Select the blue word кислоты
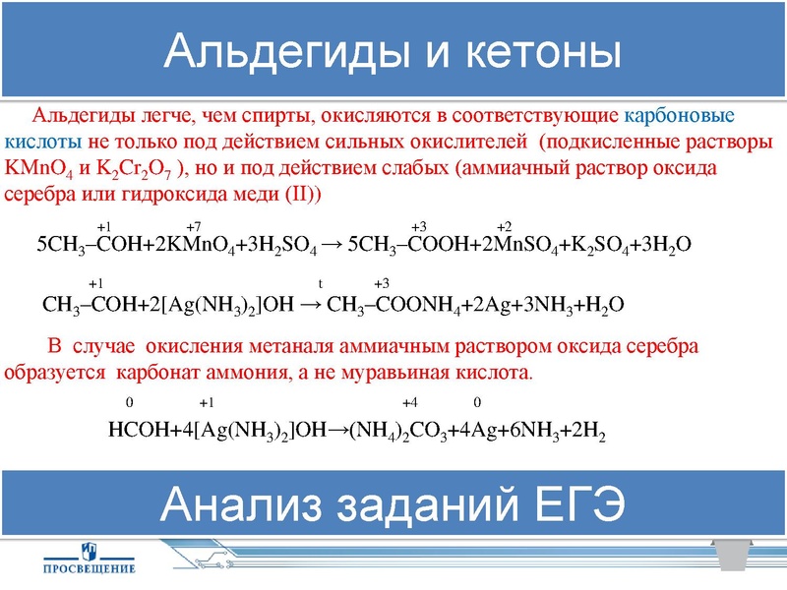(x=45, y=142)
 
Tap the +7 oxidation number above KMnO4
(x=194, y=225)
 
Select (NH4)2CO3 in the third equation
(x=393, y=429)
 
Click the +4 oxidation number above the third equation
(x=410, y=403)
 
